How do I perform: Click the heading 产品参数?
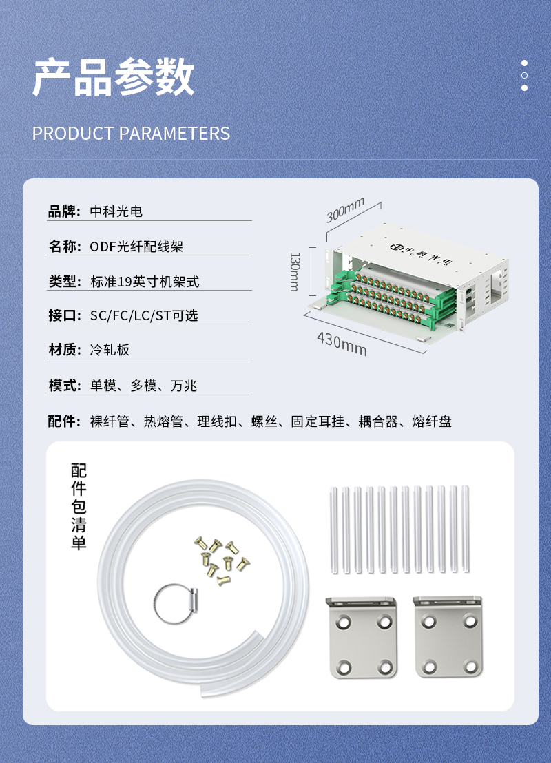(114, 77)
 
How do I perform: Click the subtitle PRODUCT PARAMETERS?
(131, 134)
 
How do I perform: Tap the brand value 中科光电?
(116, 211)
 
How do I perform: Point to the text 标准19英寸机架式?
(145, 281)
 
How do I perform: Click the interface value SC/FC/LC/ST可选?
(144, 315)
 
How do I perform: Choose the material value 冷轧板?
(110, 349)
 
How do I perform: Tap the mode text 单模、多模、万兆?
(143, 386)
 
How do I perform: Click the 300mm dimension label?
(345, 210)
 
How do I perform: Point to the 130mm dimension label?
(295, 271)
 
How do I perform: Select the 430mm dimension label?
(342, 344)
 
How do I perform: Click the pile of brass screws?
(222, 560)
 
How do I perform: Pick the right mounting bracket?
(448, 637)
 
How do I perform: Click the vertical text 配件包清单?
(79, 506)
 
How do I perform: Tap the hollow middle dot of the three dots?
(524, 76)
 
